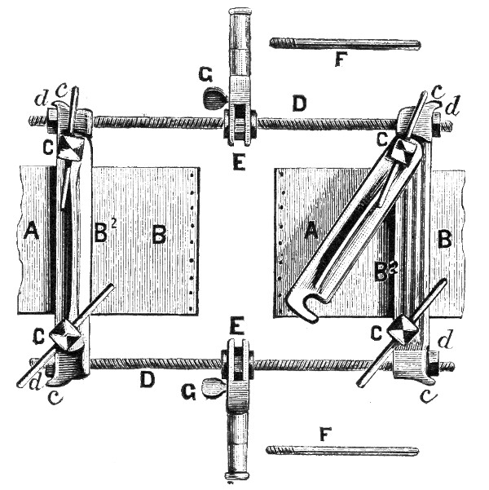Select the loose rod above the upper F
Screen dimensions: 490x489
point(344,42)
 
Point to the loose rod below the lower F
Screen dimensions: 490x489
point(342,450)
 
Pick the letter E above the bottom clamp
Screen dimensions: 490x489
point(235,325)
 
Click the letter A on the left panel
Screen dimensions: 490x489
point(31,232)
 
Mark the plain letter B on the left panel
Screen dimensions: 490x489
point(159,235)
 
